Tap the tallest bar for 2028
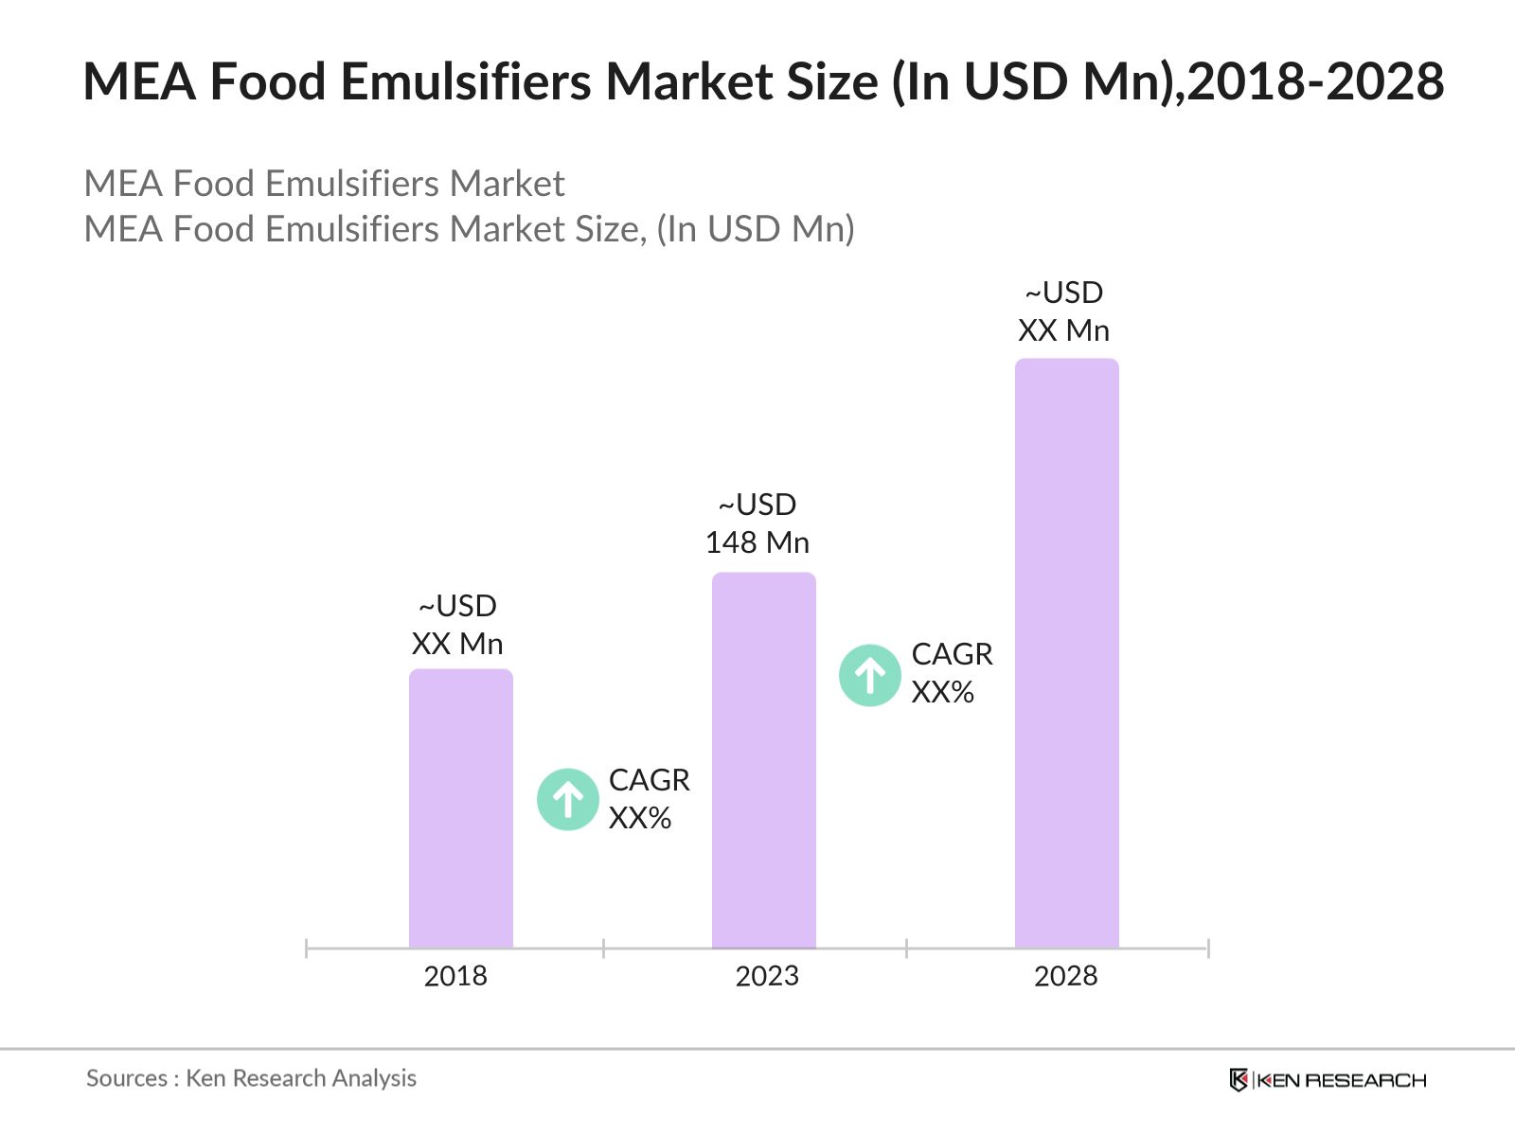click(x=1066, y=652)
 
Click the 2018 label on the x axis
click(x=455, y=976)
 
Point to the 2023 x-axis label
click(x=767, y=976)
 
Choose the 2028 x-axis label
click(x=1065, y=976)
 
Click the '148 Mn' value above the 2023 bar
click(x=757, y=542)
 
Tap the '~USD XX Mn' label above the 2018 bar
click(x=457, y=625)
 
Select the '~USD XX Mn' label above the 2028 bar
click(x=1063, y=311)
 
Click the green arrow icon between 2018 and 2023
click(x=567, y=800)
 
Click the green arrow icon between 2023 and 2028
click(x=869, y=675)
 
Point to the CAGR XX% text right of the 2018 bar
click(x=649, y=799)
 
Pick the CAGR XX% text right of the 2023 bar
click(x=952, y=673)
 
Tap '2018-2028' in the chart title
click(x=1316, y=81)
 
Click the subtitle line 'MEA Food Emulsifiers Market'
click(x=324, y=184)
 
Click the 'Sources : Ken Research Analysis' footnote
click(x=251, y=1078)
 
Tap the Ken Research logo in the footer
click(x=1328, y=1080)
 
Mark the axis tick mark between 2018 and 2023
click(x=603, y=948)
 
